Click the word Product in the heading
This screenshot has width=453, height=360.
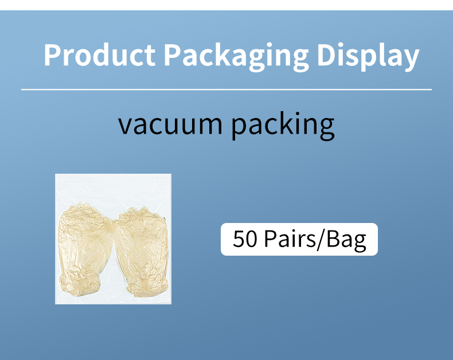[99, 55]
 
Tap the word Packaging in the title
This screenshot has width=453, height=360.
[235, 56]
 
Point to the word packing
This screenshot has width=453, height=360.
[283, 126]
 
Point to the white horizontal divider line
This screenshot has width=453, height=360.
[226, 89]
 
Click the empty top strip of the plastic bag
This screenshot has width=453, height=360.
[113, 186]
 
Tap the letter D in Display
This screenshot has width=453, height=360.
[327, 55]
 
